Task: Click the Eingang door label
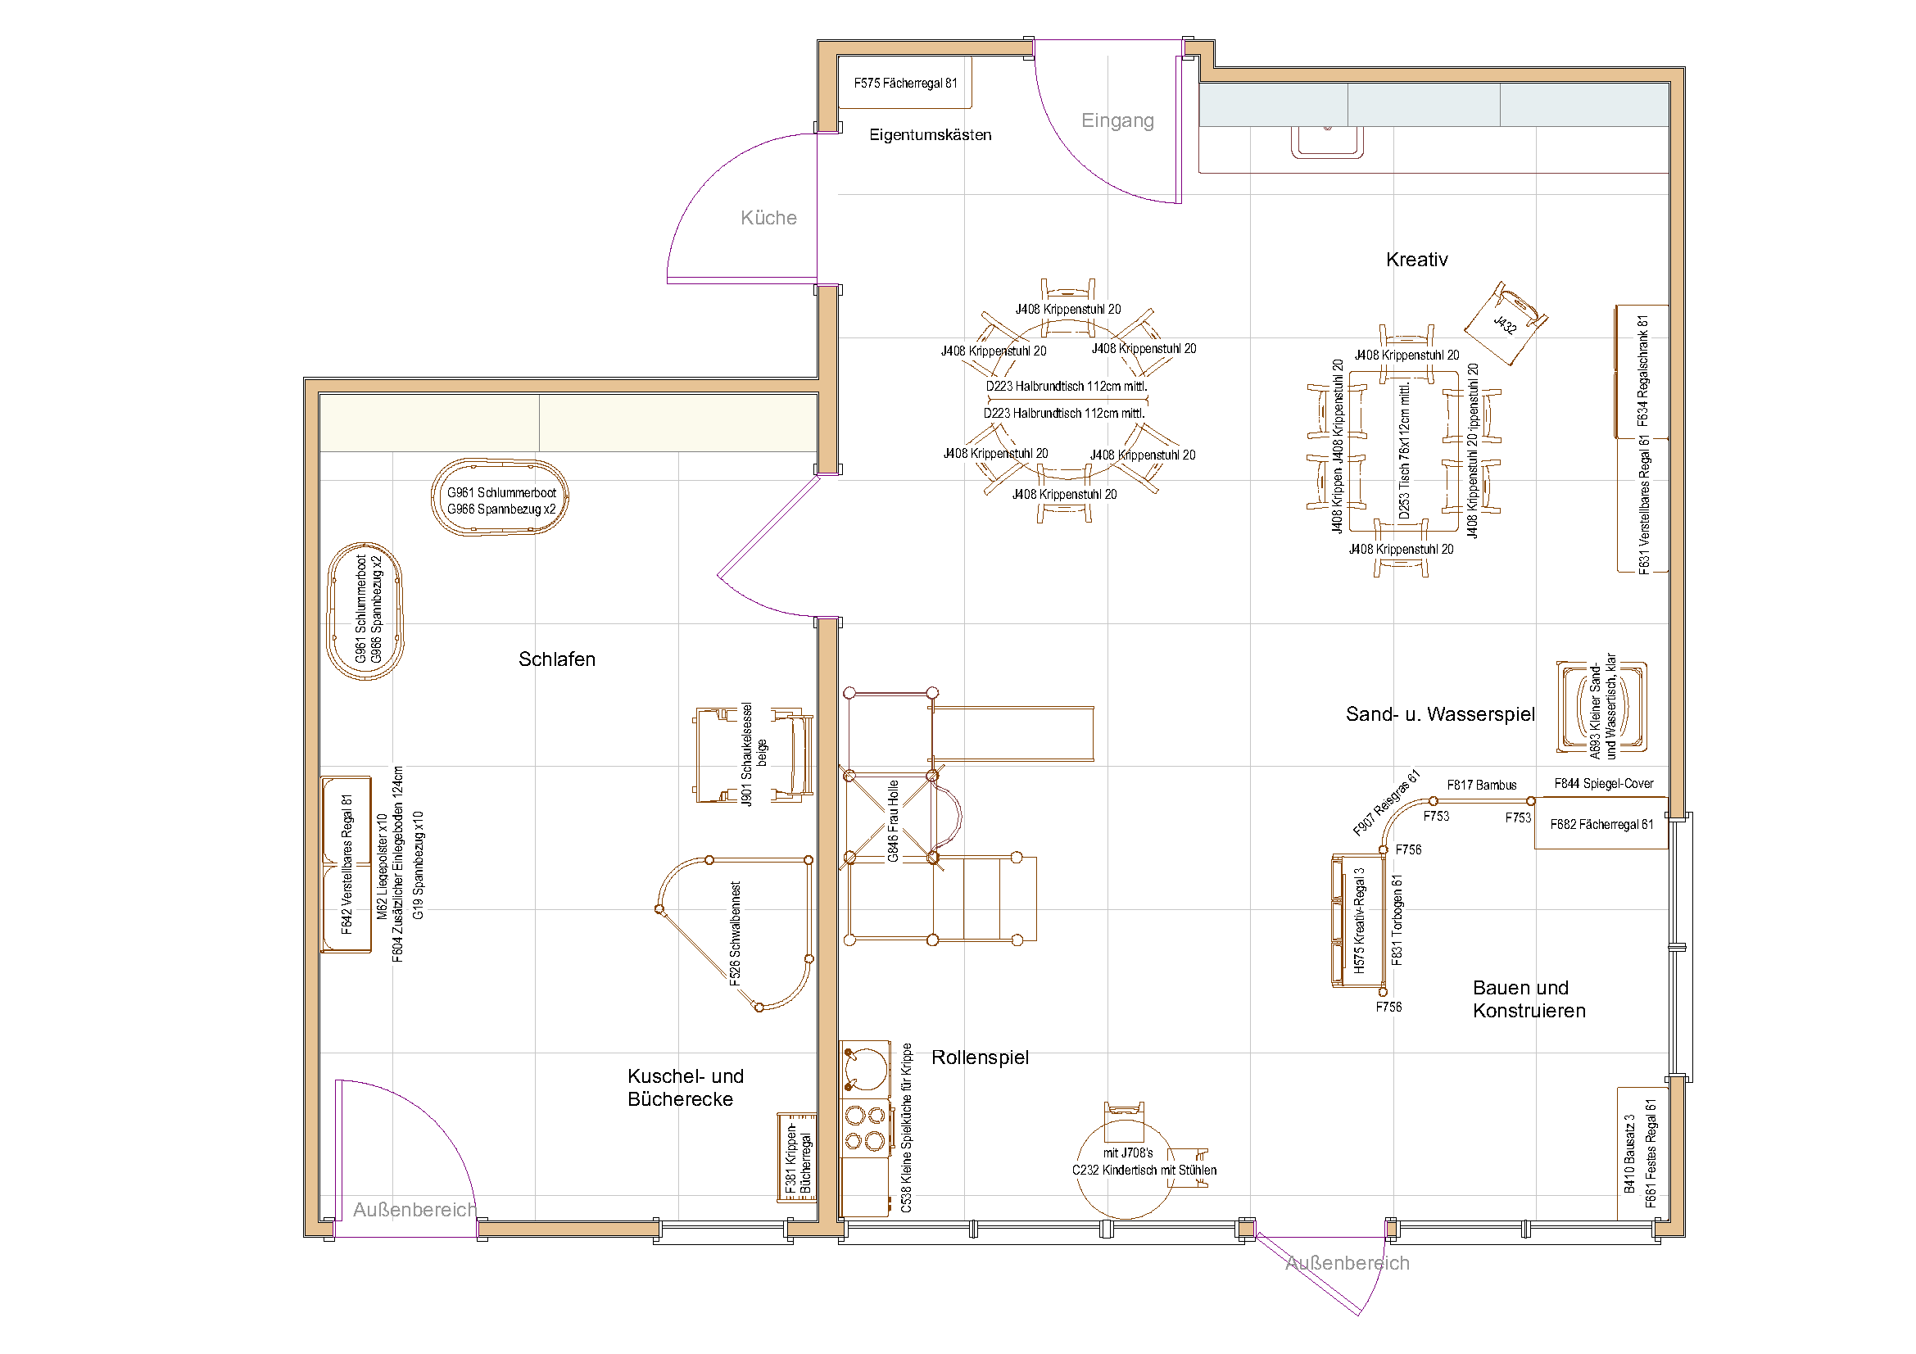(x=1117, y=120)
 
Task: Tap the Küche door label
(x=768, y=218)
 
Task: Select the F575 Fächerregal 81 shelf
(x=904, y=83)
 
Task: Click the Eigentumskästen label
(x=930, y=135)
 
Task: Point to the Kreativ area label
(x=1416, y=260)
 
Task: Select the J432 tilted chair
(x=1506, y=324)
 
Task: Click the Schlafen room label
(x=556, y=659)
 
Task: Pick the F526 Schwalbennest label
(x=735, y=934)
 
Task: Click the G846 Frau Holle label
(x=893, y=821)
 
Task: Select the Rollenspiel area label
(x=980, y=1057)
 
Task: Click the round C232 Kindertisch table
(x=1125, y=1170)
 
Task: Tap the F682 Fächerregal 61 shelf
(x=1601, y=824)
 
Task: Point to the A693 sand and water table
(x=1601, y=707)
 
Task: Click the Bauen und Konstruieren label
(x=1528, y=999)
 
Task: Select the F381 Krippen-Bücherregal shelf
(x=797, y=1158)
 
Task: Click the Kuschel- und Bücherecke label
(x=684, y=1088)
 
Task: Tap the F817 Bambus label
(x=1481, y=785)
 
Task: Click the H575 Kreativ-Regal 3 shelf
(x=1358, y=921)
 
